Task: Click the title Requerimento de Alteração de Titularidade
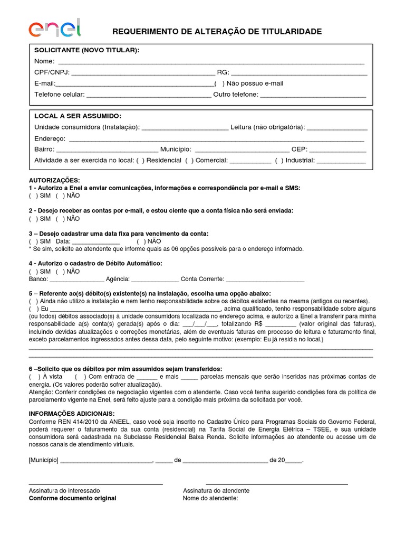pos(217,32)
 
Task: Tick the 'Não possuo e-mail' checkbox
pos(219,83)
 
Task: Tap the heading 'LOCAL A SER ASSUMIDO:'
pos(78,116)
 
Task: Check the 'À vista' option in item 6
pos(34,377)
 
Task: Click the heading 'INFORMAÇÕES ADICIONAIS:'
pos(71,413)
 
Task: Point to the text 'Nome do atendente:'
pos(210,498)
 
